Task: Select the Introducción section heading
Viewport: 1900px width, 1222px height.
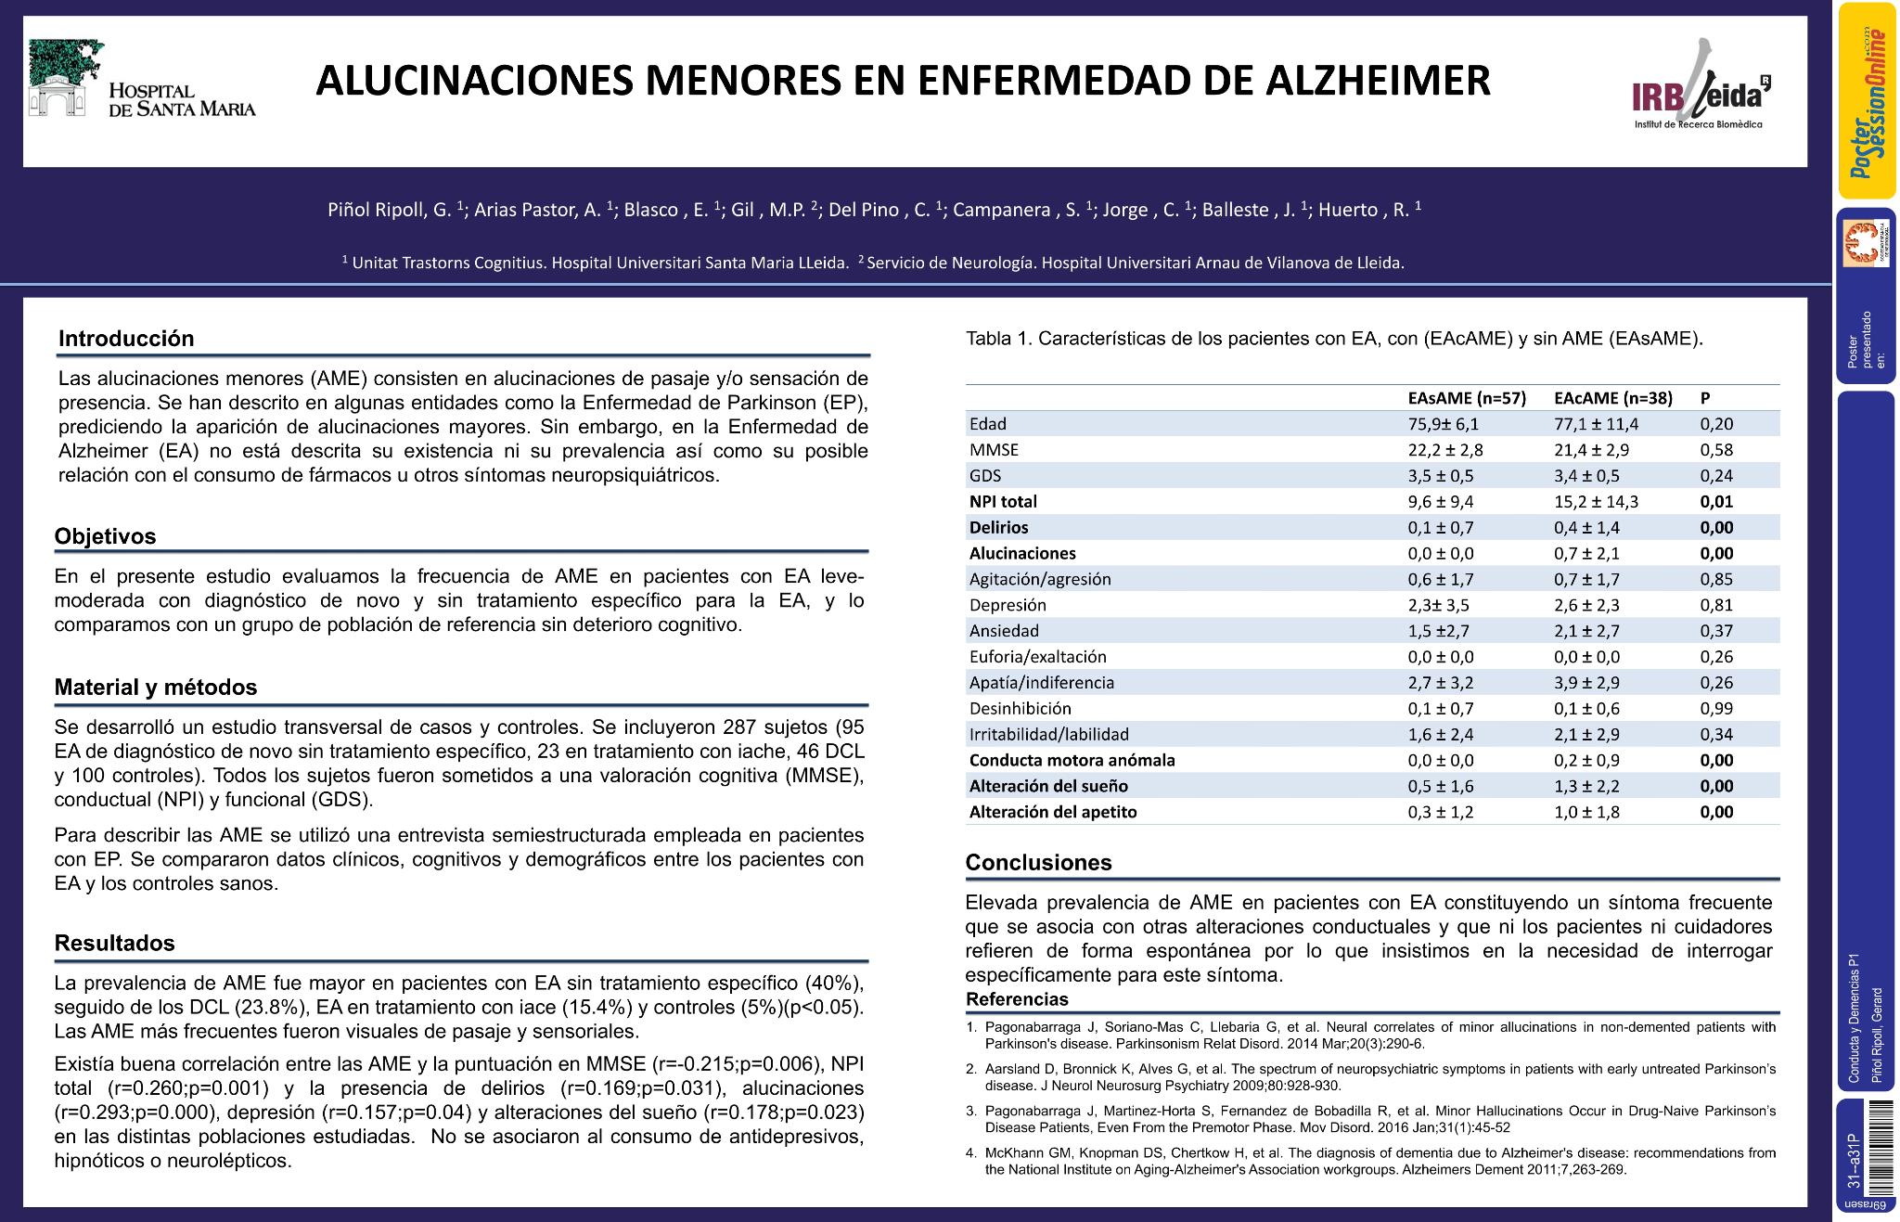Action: pos(126,339)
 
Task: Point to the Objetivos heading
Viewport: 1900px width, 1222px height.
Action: pos(105,536)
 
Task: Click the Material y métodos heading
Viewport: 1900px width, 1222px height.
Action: pos(156,688)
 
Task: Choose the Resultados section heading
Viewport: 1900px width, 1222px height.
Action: pos(115,943)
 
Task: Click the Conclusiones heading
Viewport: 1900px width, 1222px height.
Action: pos(1038,862)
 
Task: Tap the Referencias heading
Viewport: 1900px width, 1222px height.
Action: pos(1017,999)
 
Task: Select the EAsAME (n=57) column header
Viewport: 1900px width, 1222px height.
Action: pos(1466,398)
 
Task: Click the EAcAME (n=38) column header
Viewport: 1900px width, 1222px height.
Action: pos(1612,398)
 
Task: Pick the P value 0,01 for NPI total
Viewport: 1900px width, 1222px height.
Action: pos(1716,502)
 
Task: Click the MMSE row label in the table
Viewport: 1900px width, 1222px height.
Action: pos(994,450)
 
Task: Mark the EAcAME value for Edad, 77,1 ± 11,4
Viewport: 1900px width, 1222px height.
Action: pos(1596,424)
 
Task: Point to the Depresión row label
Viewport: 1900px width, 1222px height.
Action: pos(1008,605)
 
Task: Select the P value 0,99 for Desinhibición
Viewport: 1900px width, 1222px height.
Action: pos(1716,709)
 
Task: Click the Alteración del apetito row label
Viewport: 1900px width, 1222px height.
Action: pos(1053,812)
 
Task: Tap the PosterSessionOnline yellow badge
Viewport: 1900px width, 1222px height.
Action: pos(1867,100)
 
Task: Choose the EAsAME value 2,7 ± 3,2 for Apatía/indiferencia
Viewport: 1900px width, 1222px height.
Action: pos(1440,683)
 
